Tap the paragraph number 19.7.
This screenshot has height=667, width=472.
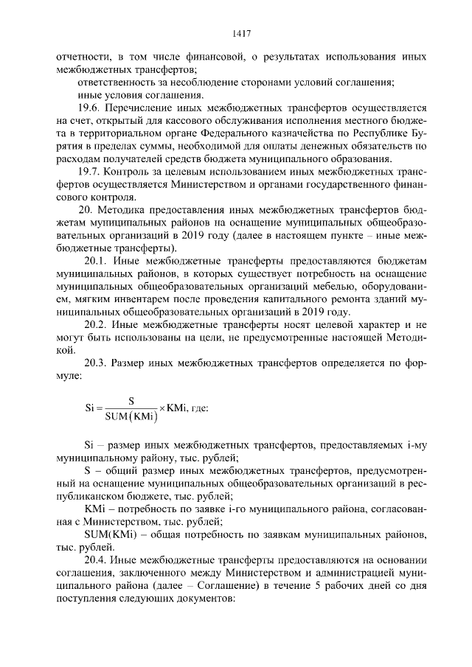pyautogui.click(x=91, y=172)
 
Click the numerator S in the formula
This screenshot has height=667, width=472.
pyautogui.click(x=131, y=401)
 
